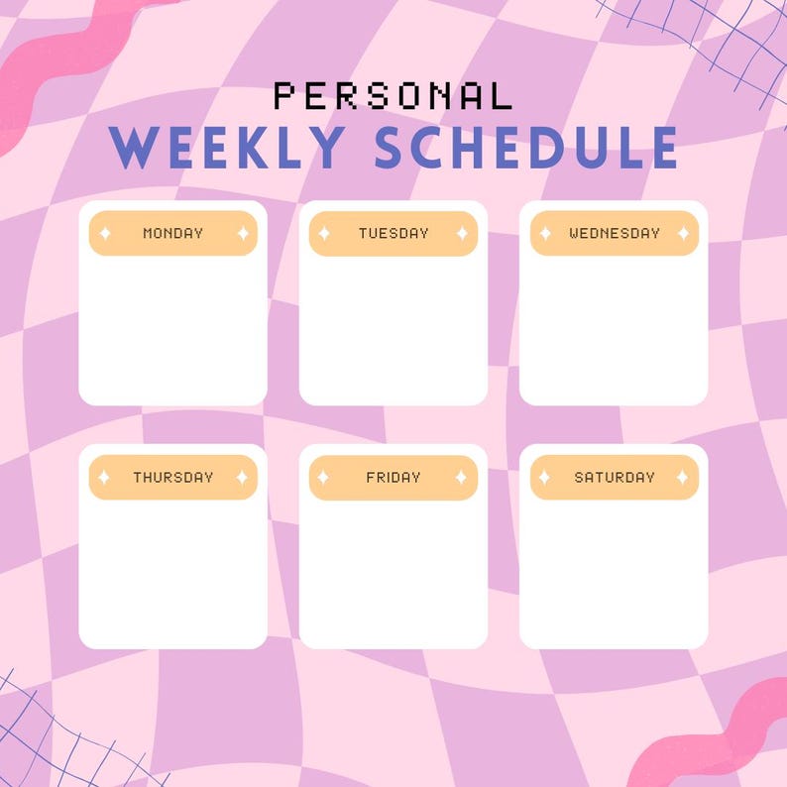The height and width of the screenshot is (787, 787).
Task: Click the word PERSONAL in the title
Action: [x=393, y=96]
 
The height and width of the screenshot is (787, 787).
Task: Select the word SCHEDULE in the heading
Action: [x=526, y=148]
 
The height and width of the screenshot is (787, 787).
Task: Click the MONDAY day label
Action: [x=172, y=233]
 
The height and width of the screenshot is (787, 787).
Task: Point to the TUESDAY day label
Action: [x=393, y=233]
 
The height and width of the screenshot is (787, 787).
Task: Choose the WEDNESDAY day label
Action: [x=614, y=233]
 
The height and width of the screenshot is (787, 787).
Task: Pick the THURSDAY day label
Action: [x=172, y=477]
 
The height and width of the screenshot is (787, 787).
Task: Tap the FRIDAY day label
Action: [x=393, y=477]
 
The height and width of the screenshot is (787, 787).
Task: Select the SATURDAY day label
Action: [x=614, y=477]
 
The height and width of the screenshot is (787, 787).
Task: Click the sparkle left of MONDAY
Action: [x=104, y=233]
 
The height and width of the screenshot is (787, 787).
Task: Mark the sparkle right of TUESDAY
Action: [x=461, y=233]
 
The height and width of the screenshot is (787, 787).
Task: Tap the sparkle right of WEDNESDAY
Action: [x=682, y=233]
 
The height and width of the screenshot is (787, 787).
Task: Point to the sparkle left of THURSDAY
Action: [x=104, y=477]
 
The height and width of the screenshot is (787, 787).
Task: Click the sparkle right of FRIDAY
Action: [x=461, y=477]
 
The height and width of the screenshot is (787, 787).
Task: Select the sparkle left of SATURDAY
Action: [x=544, y=477]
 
